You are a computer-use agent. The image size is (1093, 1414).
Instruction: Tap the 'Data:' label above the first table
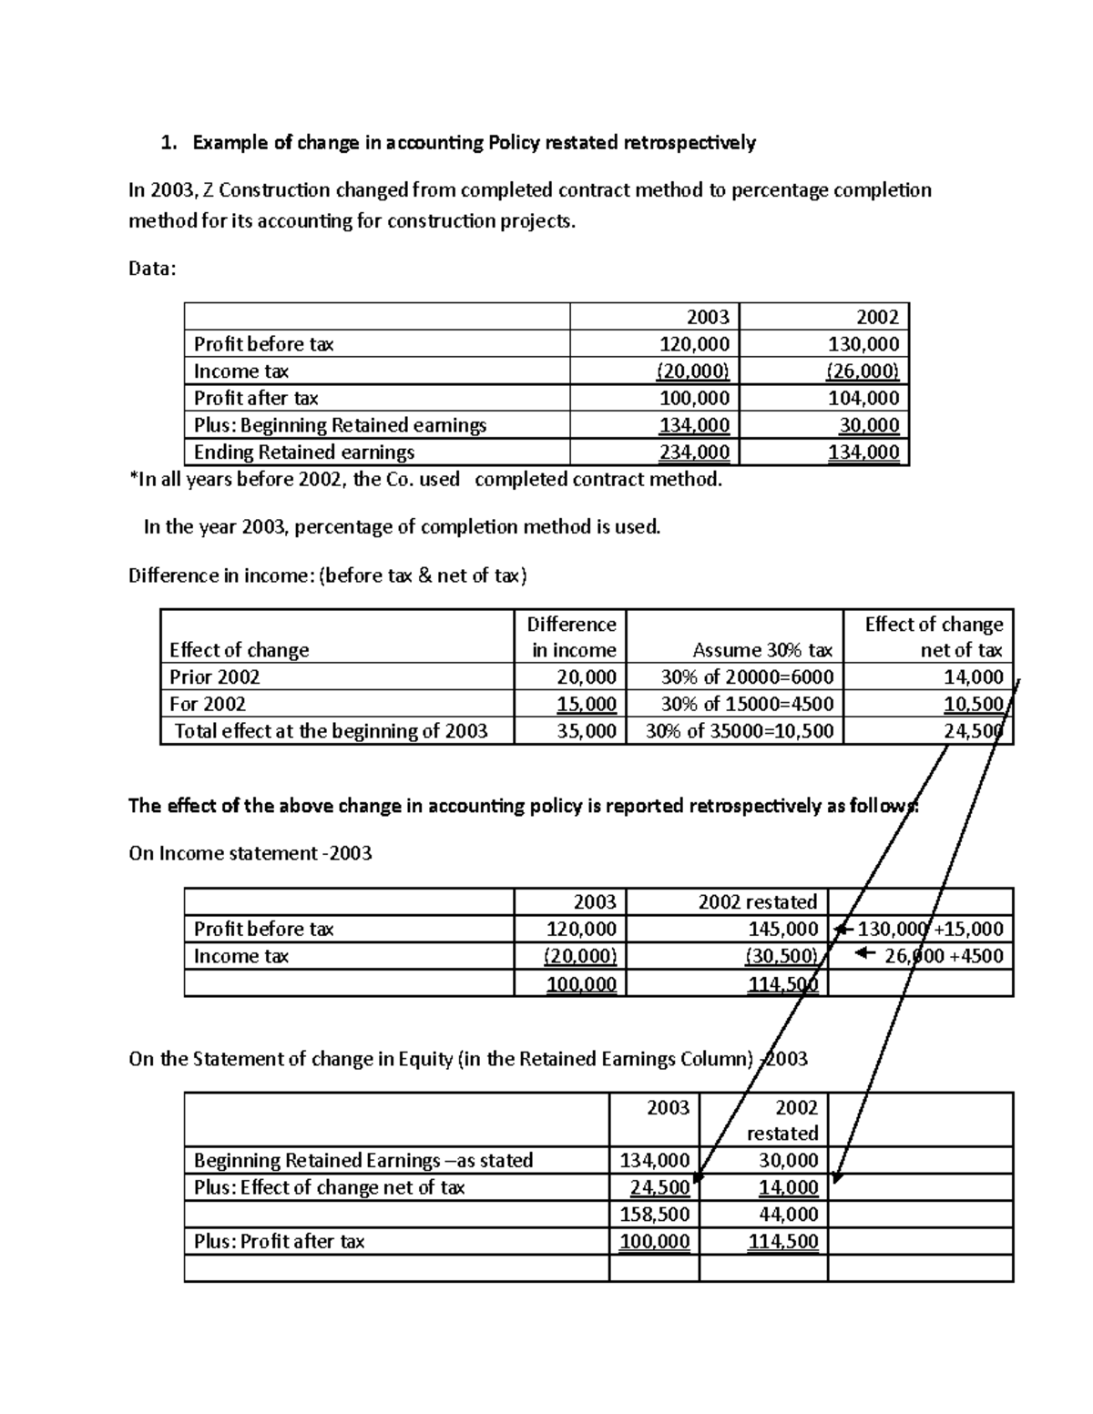point(152,269)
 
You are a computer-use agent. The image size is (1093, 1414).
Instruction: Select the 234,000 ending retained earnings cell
point(695,453)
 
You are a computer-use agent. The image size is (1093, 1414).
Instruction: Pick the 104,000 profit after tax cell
point(863,398)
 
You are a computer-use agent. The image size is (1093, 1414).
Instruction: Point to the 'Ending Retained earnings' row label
point(304,453)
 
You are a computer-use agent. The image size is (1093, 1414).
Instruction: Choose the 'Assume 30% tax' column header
point(762,650)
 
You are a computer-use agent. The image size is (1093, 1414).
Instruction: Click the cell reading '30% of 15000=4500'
point(747,704)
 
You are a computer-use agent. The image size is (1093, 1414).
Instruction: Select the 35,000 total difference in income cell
point(587,731)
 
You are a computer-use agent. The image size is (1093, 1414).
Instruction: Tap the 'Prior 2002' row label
point(215,676)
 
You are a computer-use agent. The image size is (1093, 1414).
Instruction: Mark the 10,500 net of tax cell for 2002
point(974,704)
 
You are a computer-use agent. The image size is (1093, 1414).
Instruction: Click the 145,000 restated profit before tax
point(783,929)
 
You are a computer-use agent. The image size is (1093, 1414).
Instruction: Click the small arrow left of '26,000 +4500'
point(865,954)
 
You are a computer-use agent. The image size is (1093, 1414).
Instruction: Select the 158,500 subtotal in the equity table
point(655,1215)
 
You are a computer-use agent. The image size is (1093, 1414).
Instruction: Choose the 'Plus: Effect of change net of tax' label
point(329,1187)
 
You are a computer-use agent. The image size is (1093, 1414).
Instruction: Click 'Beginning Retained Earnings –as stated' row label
point(363,1160)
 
